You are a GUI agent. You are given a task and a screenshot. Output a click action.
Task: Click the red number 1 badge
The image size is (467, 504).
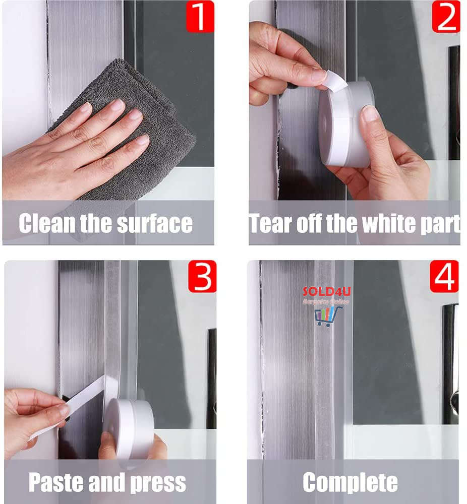(200, 16)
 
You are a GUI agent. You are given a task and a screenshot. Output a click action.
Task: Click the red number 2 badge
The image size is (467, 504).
(446, 16)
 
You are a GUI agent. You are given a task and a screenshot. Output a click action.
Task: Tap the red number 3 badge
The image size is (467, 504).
(202, 276)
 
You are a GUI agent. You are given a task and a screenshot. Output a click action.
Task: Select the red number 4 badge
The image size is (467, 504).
(444, 276)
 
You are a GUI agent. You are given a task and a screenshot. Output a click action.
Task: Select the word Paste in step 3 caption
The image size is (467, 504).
(55, 482)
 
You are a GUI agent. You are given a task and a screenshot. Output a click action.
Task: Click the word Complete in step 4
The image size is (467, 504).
(350, 482)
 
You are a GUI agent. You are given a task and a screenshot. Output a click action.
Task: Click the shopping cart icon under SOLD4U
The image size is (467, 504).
(328, 316)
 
